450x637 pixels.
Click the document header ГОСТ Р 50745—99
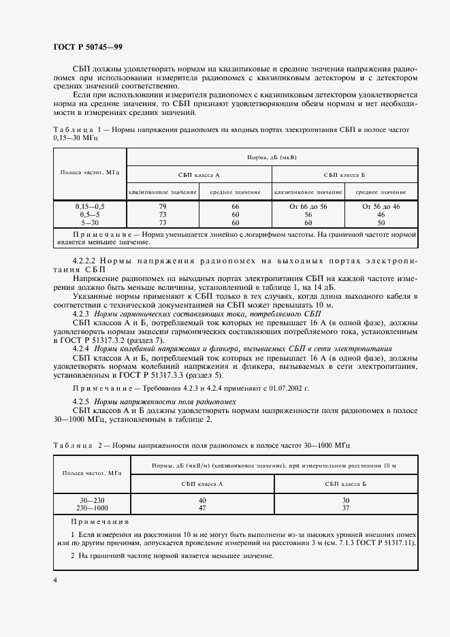click(88, 46)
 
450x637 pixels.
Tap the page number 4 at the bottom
click(56, 580)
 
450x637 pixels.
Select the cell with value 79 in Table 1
click(163, 206)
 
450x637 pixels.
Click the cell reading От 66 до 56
click(308, 206)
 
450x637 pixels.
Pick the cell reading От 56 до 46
click(381, 206)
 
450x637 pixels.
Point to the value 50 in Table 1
click(381, 223)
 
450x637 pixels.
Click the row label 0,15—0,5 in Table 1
click(90, 206)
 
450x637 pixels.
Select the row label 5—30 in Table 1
click(90, 223)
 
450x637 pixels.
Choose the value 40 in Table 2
click(202, 500)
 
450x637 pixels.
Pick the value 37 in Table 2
click(345, 508)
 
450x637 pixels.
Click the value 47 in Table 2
click(202, 508)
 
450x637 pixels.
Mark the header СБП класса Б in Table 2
click(345, 483)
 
